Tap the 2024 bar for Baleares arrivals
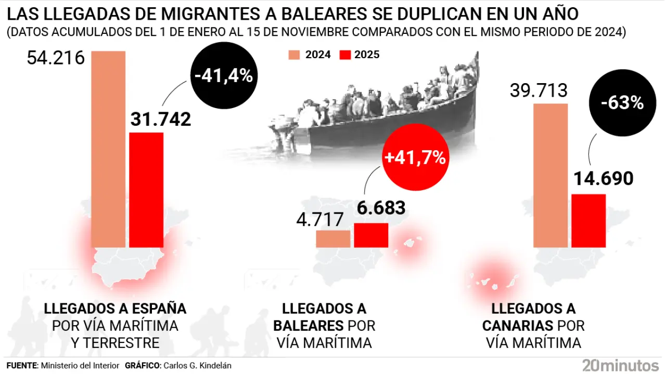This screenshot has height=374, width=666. (x=333, y=238)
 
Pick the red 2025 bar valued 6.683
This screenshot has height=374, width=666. (x=371, y=235)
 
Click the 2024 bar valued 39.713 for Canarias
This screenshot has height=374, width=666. (x=550, y=175)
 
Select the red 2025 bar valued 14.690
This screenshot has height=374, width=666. (x=588, y=220)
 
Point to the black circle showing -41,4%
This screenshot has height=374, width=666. (x=223, y=76)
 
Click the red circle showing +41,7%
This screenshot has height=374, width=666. (x=415, y=157)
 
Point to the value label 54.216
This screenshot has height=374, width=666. (x=56, y=58)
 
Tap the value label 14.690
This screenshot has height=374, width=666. (x=603, y=179)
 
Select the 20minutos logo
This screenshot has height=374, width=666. (x=620, y=364)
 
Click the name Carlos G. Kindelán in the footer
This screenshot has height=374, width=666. (x=198, y=365)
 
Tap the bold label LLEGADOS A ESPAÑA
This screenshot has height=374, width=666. (x=115, y=309)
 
